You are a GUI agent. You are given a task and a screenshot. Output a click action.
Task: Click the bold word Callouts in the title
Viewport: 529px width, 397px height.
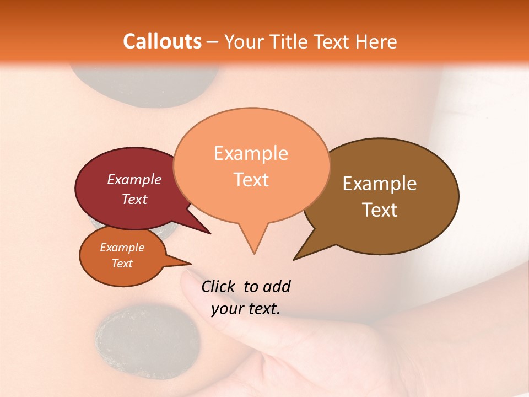pyautogui.click(x=162, y=41)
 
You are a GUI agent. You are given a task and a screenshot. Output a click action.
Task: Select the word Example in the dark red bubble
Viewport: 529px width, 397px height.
pyautogui.click(x=134, y=179)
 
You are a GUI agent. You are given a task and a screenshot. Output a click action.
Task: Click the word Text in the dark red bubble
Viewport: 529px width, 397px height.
pyautogui.click(x=134, y=199)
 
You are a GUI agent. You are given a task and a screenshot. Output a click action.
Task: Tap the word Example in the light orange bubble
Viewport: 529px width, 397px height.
pyautogui.click(x=251, y=153)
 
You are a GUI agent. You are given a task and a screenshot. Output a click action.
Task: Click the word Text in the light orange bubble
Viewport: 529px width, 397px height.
pyautogui.click(x=251, y=180)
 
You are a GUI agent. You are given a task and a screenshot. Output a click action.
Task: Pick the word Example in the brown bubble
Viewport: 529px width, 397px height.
pyautogui.click(x=380, y=184)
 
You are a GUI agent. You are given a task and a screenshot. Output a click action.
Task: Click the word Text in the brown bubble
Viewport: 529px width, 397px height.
pyautogui.click(x=380, y=210)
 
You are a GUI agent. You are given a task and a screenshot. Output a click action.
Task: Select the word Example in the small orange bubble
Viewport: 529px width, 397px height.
pyautogui.click(x=122, y=248)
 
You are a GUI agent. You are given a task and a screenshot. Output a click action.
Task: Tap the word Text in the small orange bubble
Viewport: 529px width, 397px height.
pyautogui.click(x=122, y=264)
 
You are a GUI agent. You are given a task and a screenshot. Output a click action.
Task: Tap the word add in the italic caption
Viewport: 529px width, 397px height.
pyautogui.click(x=277, y=286)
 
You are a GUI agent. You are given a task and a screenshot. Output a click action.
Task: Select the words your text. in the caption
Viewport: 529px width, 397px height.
pyautogui.click(x=246, y=309)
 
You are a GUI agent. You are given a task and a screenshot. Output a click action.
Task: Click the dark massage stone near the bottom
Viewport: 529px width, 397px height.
pyautogui.click(x=148, y=341)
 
